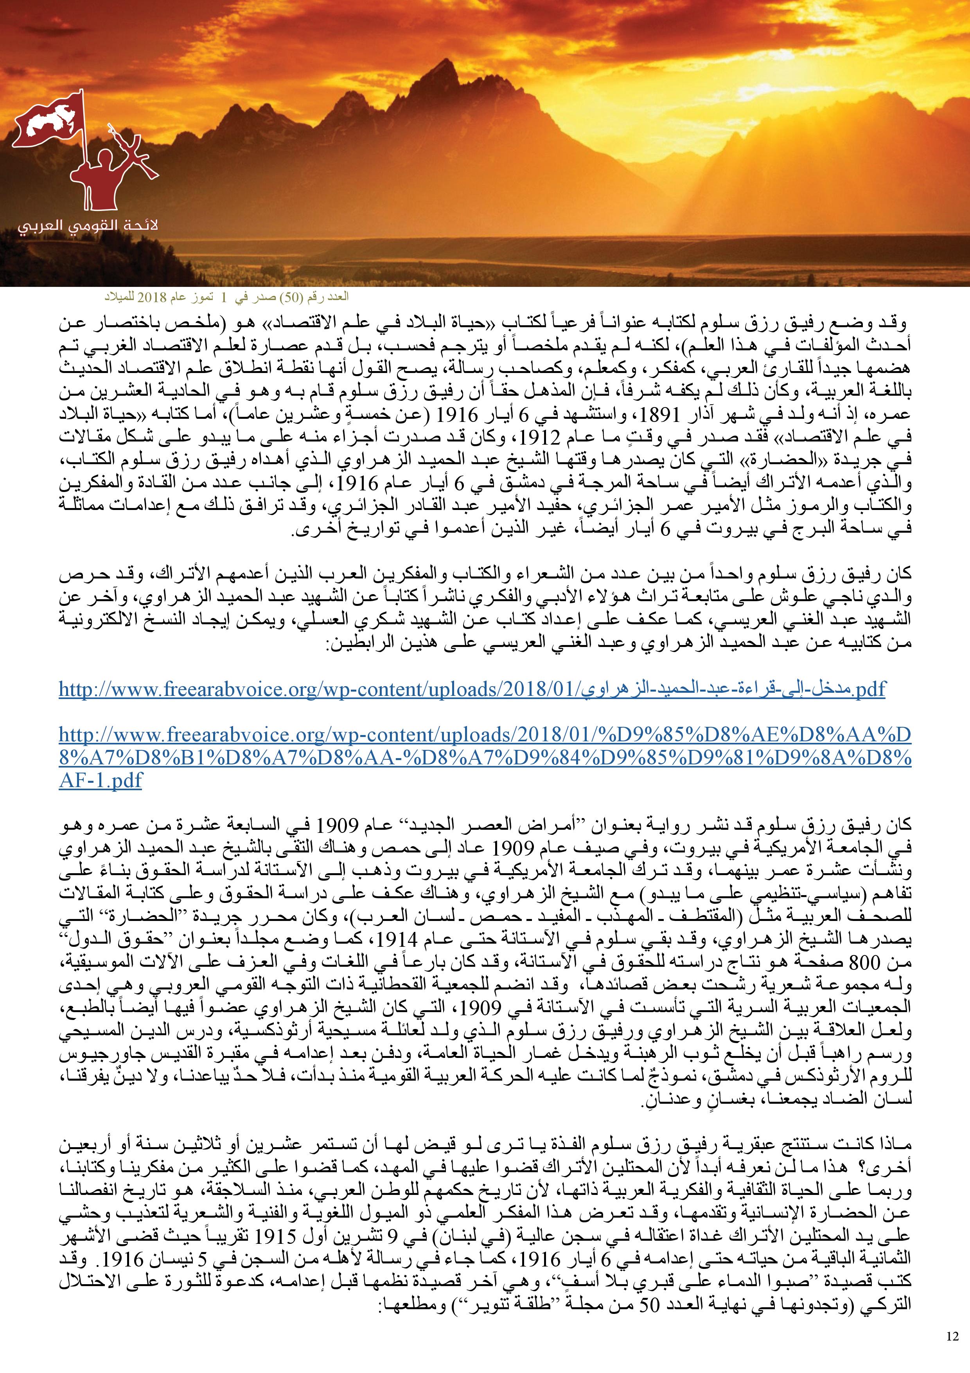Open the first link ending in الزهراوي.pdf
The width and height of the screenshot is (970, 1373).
click(472, 690)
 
